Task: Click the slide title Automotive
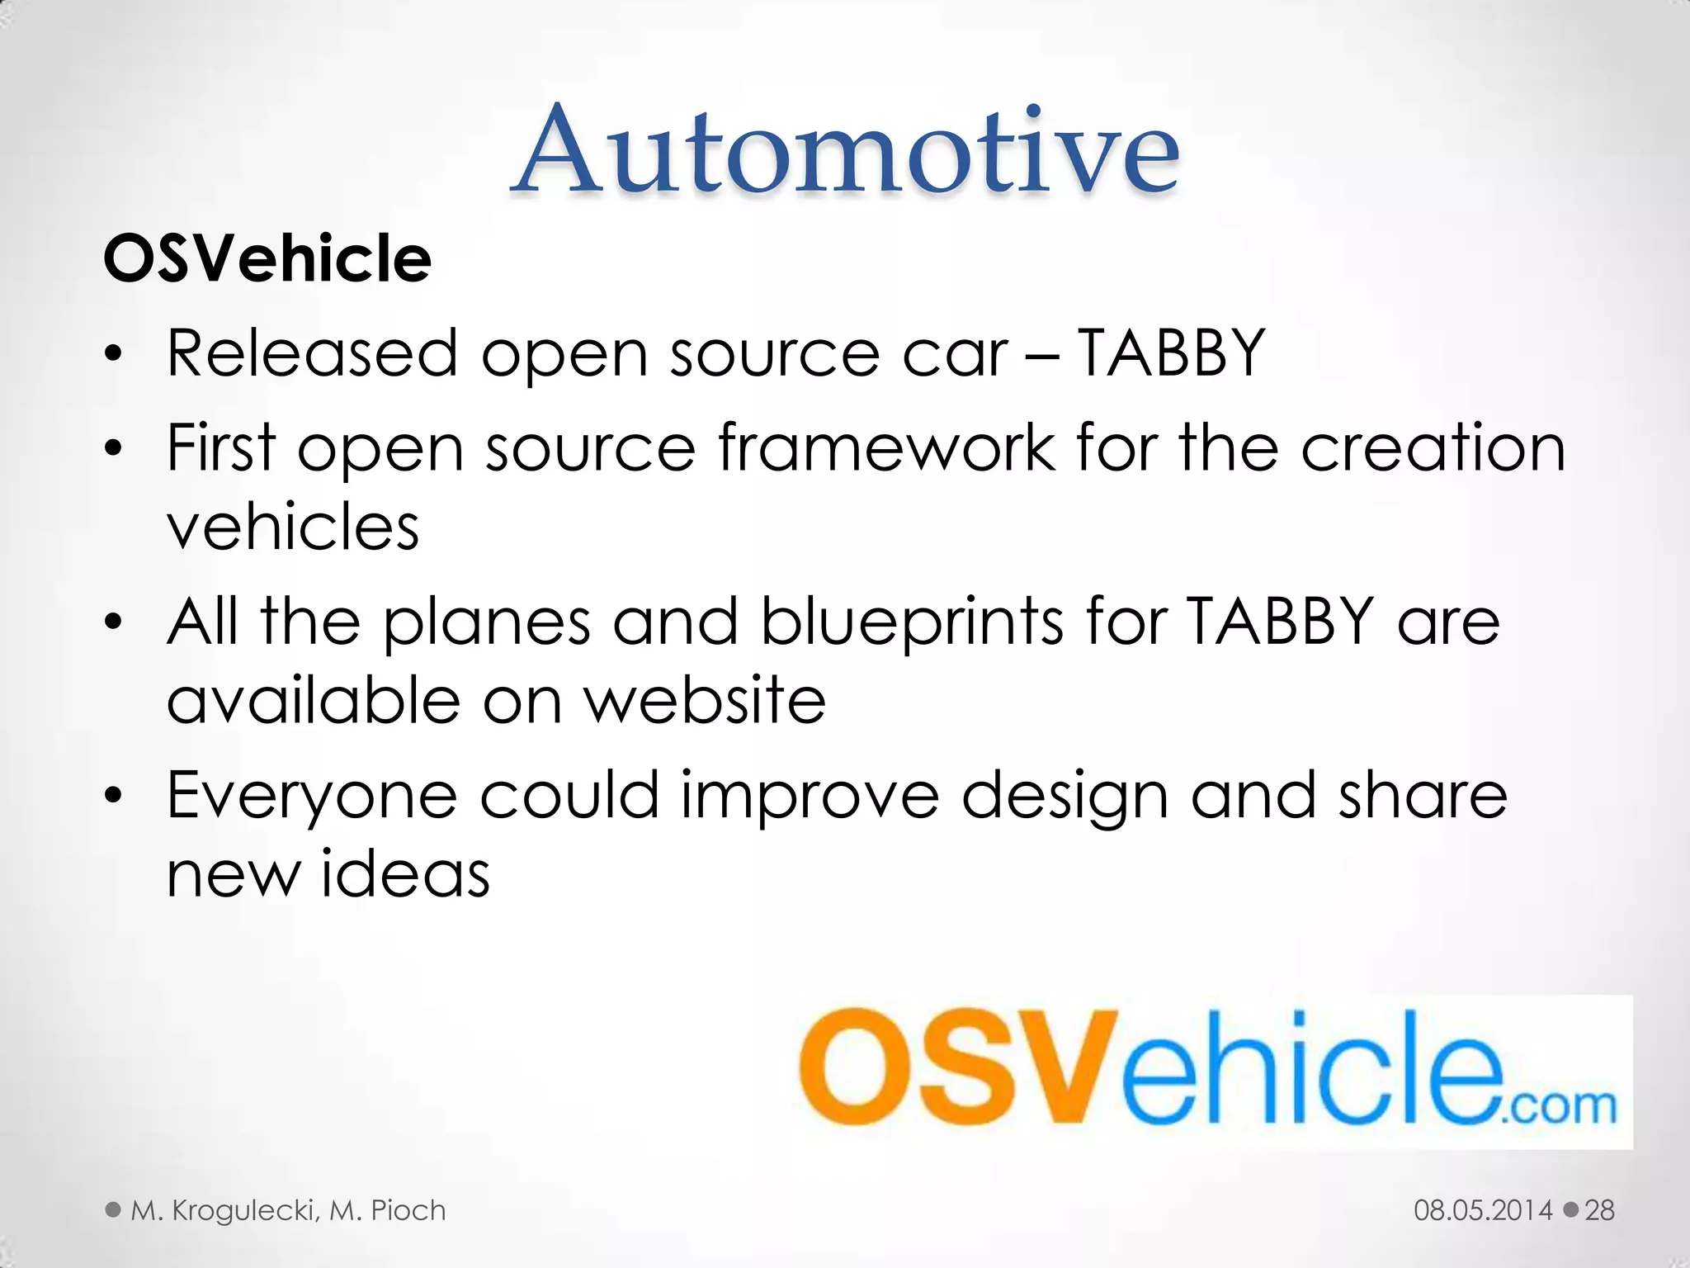point(846,150)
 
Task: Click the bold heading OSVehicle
point(267,258)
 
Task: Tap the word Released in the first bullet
point(312,353)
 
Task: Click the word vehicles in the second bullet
point(293,527)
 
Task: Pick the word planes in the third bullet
point(487,622)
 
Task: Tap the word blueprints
point(912,622)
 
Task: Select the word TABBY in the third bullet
point(1280,621)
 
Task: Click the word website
point(705,701)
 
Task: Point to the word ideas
point(405,874)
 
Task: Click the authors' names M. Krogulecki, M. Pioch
point(288,1210)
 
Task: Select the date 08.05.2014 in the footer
point(1482,1210)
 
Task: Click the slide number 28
point(1599,1210)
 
